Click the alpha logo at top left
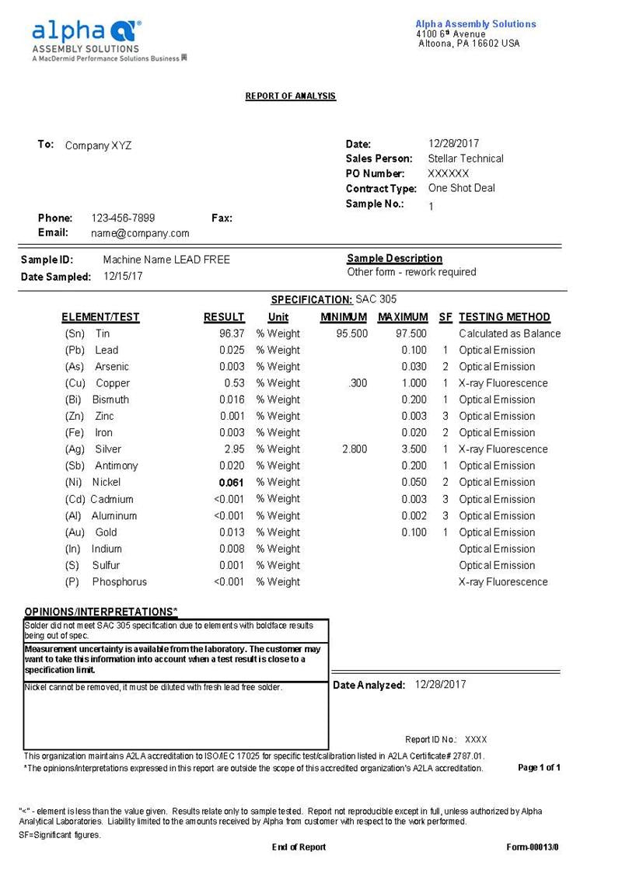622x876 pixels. pos(86,32)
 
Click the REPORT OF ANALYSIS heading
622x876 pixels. pos(291,96)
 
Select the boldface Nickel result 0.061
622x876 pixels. pos(232,483)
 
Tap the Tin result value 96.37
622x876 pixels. pos(232,333)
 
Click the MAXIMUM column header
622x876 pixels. pos(403,317)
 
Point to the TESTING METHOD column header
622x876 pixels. pos(504,317)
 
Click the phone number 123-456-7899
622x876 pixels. pos(123,218)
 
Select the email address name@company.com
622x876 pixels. pos(140,233)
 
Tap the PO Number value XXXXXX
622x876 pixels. pos(449,173)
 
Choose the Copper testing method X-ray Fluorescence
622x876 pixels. pos(503,383)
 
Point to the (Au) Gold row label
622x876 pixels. pos(91,532)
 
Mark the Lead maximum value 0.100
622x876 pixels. pos(414,350)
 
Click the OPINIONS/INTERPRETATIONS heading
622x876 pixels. pos(101,612)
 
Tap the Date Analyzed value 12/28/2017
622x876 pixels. pos(441,685)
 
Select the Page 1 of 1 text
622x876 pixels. pos(539,768)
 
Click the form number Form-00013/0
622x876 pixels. pos(533,847)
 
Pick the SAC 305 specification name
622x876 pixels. pos(382,299)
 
